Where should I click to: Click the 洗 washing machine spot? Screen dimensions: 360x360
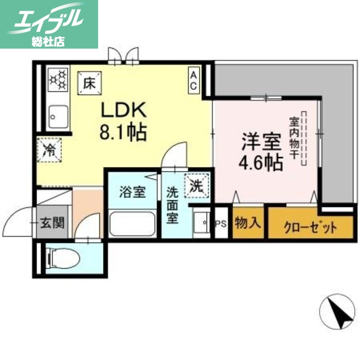198,185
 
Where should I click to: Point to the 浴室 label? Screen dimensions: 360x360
132,192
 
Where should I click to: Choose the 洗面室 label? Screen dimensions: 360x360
173,205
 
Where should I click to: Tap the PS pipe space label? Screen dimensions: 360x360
221,223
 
